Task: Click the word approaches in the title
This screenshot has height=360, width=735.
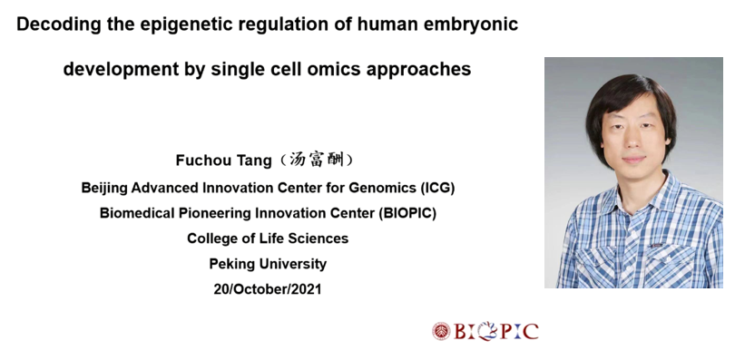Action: pos(418,70)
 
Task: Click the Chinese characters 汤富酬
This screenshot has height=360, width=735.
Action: pos(317,160)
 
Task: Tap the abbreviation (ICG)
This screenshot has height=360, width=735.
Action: pos(437,188)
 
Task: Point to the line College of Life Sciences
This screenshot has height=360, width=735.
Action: pos(268,238)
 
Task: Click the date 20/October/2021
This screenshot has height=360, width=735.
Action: pos(268,289)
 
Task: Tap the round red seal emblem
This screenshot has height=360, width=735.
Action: pos(441,331)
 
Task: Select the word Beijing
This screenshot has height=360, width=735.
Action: pos(104,189)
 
